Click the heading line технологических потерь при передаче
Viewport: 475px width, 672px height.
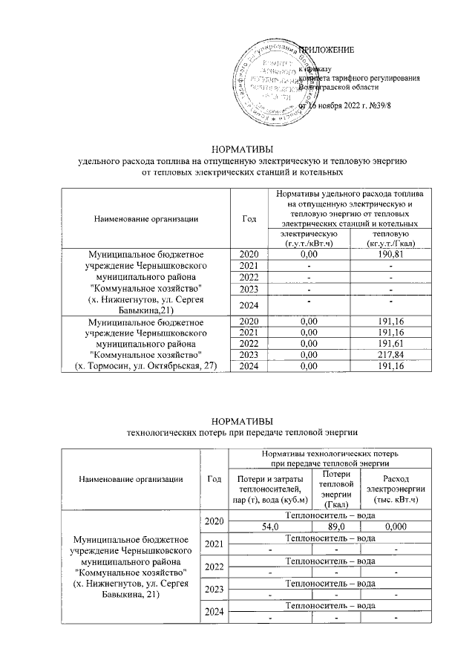click(237, 431)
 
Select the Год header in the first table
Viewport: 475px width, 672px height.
click(249, 218)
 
